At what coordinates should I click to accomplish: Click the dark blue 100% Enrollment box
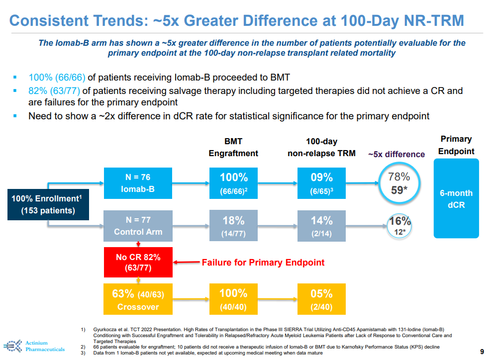click(x=48, y=204)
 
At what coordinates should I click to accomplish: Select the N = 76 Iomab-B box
click(x=138, y=183)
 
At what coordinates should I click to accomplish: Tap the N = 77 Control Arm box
click(x=138, y=226)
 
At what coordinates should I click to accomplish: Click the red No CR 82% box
click(x=138, y=263)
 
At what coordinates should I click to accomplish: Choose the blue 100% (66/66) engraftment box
click(x=233, y=183)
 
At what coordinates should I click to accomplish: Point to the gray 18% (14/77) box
click(x=233, y=226)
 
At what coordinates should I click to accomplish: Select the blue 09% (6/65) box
click(x=321, y=183)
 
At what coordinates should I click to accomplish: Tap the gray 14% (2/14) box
click(x=321, y=226)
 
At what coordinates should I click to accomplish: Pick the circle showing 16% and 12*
click(x=400, y=226)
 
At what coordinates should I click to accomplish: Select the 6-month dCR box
click(x=456, y=198)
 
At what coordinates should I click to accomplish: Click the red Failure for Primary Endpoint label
click(x=263, y=262)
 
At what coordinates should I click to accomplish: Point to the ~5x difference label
click(x=396, y=154)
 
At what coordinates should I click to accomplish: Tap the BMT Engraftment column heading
click(x=233, y=148)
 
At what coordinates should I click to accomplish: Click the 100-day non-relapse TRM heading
click(x=321, y=148)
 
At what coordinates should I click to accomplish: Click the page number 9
click(x=481, y=351)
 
